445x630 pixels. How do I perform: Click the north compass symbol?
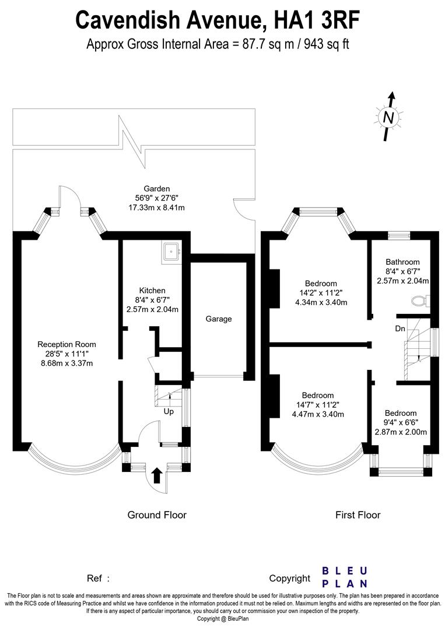[388, 117]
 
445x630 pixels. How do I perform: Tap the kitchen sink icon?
[172, 251]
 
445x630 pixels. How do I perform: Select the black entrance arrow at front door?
[157, 475]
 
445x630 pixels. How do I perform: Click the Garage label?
[219, 319]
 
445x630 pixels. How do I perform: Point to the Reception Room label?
[66, 344]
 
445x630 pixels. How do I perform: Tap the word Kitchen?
[152, 290]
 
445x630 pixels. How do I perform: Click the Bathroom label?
[402, 262]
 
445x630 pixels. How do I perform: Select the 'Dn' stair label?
[400, 328]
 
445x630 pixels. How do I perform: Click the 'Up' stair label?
[169, 411]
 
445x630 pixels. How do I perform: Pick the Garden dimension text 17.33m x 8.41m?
[157, 208]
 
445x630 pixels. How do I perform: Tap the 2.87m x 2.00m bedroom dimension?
[401, 432]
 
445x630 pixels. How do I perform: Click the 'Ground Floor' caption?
[157, 515]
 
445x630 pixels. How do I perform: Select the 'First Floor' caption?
[358, 515]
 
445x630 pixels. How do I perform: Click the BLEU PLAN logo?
[345, 577]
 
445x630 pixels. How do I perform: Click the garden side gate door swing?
[243, 207]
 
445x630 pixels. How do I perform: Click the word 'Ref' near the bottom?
[95, 579]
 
